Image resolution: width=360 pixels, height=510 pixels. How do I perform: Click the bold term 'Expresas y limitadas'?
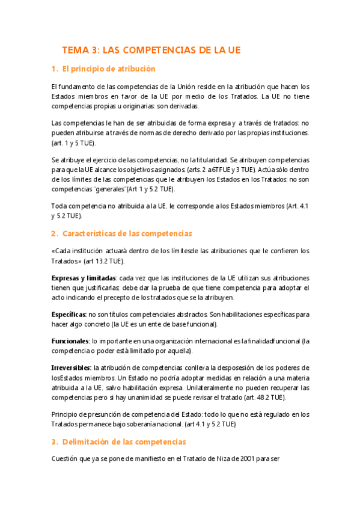[x=84, y=278]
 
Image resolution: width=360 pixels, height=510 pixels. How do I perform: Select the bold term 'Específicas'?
[x=69, y=314]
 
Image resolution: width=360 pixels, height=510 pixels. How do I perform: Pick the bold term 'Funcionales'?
[x=70, y=341]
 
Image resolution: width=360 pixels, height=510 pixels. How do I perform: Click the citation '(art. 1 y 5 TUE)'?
[x=73, y=143]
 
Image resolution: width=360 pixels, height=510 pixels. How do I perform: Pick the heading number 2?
[x=53, y=217]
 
